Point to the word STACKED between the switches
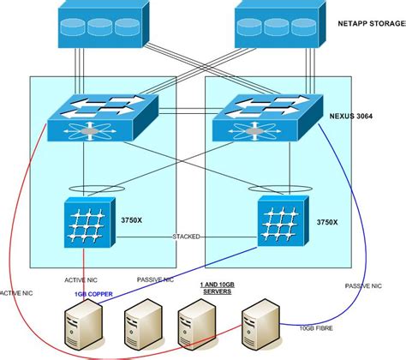189,236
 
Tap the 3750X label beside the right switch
327,221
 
